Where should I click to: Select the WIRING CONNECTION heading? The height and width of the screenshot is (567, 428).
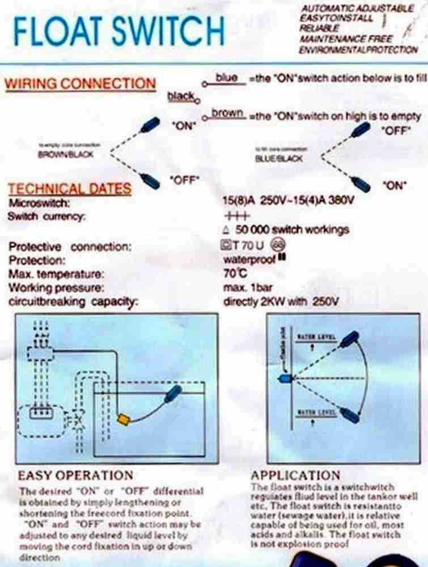(x=80, y=83)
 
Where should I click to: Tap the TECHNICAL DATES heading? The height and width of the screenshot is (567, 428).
(x=69, y=189)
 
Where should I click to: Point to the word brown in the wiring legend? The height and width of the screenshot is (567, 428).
(x=227, y=113)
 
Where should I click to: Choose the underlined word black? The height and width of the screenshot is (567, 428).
(x=181, y=96)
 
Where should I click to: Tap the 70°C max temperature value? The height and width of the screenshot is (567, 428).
(x=235, y=274)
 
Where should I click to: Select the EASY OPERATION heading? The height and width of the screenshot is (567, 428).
(x=75, y=475)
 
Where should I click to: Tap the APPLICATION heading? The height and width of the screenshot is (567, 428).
(x=295, y=475)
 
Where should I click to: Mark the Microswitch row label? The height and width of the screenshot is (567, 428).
(x=39, y=202)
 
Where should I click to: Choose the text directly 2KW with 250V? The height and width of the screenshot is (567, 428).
(x=281, y=302)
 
